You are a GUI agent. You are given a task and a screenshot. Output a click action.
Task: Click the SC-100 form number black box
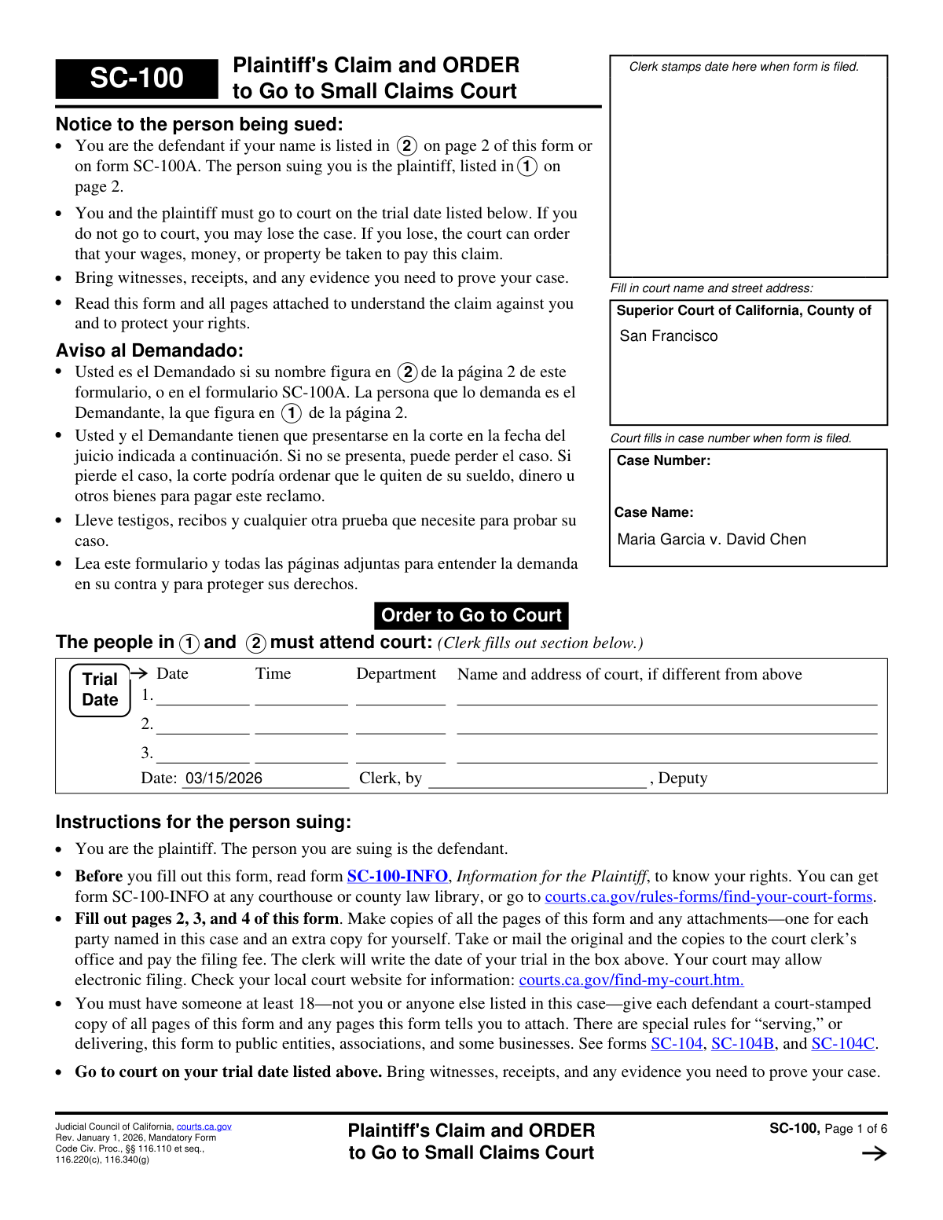(x=137, y=79)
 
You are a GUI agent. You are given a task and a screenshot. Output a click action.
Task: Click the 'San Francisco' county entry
(x=668, y=336)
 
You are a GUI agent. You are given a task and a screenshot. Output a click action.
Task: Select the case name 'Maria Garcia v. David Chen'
(x=711, y=540)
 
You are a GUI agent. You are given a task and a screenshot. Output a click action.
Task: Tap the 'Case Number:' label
(x=663, y=460)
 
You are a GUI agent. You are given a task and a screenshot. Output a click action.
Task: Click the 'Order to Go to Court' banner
(x=472, y=615)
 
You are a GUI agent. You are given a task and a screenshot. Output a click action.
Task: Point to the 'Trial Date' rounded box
(x=100, y=690)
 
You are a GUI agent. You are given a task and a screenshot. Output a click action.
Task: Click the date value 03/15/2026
(x=224, y=778)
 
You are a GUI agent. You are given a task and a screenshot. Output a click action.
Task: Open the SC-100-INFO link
(x=397, y=876)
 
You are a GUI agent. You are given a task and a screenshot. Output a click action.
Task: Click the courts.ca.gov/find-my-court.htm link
(x=631, y=980)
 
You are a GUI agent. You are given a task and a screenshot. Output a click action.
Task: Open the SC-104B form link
(x=742, y=1043)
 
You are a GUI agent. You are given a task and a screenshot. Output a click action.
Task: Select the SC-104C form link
(x=842, y=1043)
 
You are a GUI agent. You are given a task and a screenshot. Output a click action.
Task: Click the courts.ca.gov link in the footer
(x=204, y=1127)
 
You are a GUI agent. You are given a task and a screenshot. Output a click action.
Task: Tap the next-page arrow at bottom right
(x=874, y=1153)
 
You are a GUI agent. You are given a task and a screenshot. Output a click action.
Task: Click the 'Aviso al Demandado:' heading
(x=149, y=350)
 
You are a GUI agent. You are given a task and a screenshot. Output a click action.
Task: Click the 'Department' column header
(x=396, y=674)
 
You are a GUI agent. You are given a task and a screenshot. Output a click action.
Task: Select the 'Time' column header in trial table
(x=273, y=674)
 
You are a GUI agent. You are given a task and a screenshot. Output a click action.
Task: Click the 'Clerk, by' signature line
(x=537, y=779)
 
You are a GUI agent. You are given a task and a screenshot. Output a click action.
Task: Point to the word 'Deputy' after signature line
(x=682, y=778)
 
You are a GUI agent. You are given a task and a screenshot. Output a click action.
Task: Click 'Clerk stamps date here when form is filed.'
(x=743, y=67)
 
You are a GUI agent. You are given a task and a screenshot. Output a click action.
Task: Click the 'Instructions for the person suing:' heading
(x=203, y=822)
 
